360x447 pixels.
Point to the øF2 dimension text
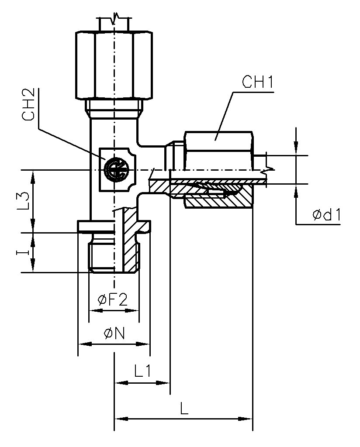[113, 300]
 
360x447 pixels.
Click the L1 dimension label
[142, 372]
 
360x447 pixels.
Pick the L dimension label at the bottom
[184, 409]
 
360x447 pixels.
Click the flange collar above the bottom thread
[114, 227]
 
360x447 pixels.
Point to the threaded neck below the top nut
[114, 107]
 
